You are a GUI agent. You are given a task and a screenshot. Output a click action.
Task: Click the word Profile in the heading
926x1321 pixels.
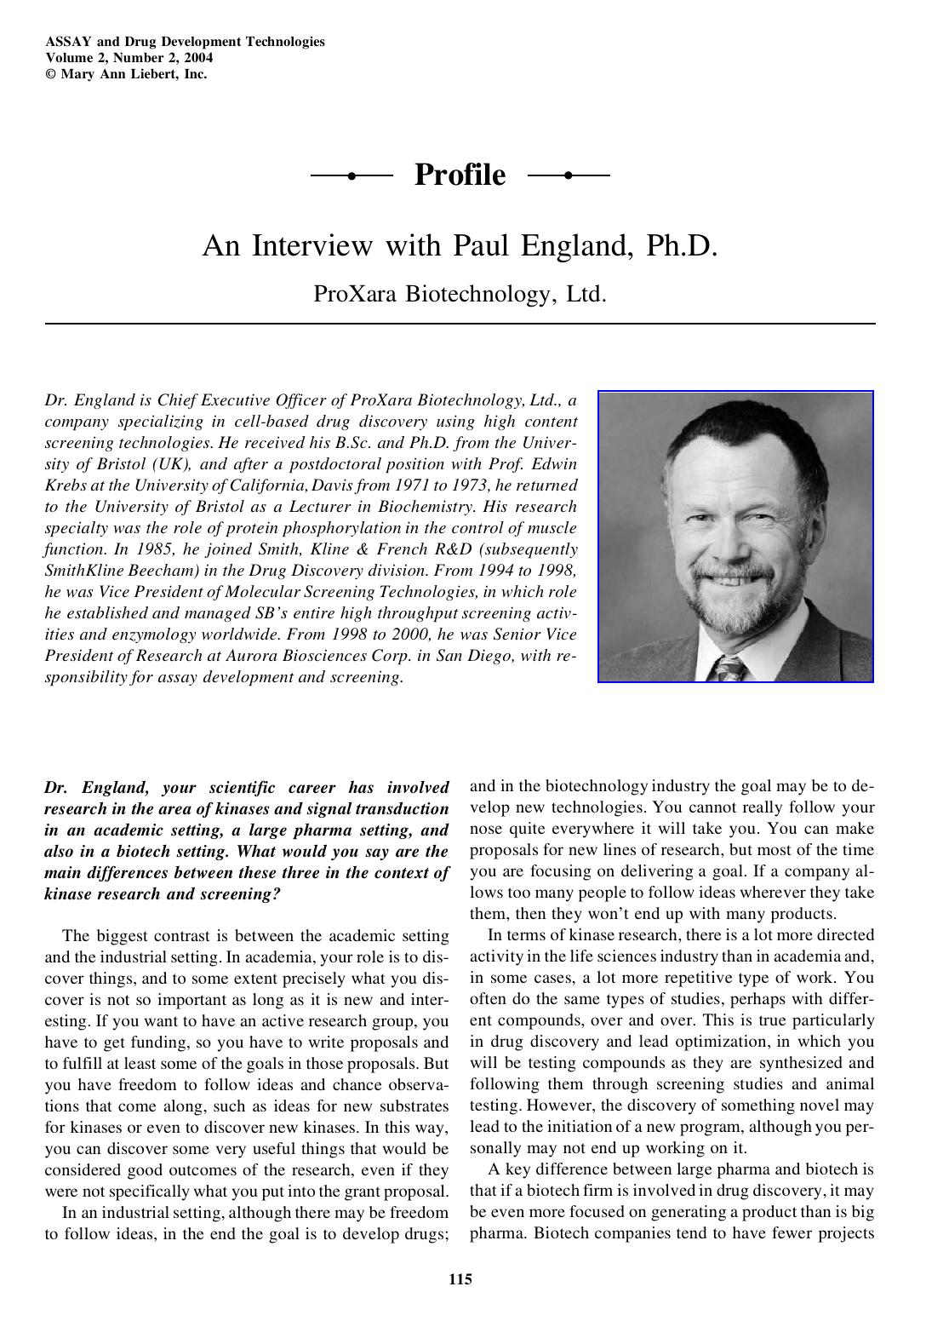[x=460, y=175]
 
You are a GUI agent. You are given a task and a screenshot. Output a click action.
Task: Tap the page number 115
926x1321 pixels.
[x=460, y=1278]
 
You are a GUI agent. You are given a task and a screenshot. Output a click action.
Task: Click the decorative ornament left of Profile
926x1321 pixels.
[x=352, y=175]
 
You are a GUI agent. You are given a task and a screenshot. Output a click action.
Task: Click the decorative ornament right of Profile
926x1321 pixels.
[x=569, y=175]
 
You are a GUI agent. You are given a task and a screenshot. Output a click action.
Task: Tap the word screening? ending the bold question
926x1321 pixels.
[x=248, y=894]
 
